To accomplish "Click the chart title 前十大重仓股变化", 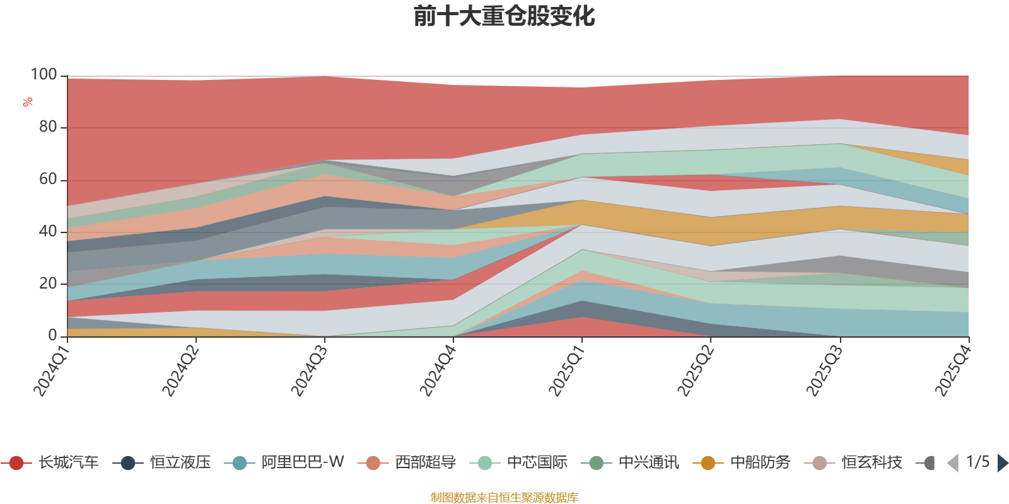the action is pyautogui.click(x=504, y=16).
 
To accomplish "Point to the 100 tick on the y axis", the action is pyautogui.click(x=44, y=74).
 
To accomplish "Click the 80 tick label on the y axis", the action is pyautogui.click(x=48, y=127).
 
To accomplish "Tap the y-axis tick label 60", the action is pyautogui.click(x=48, y=179).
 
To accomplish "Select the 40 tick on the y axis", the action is pyautogui.click(x=48, y=231).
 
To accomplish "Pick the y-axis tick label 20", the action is pyautogui.click(x=48, y=283).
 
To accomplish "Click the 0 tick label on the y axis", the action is pyautogui.click(x=53, y=335).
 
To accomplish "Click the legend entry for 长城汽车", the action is pyautogui.click(x=50, y=462).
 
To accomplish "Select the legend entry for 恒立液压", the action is pyautogui.click(x=161, y=462).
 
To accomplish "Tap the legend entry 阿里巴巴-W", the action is pyautogui.click(x=284, y=462).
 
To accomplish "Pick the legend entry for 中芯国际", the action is pyautogui.click(x=518, y=462).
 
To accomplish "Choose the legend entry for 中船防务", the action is pyautogui.click(x=742, y=462).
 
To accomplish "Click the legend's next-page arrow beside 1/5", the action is pyautogui.click(x=1002, y=462).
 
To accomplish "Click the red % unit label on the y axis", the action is pyautogui.click(x=28, y=102).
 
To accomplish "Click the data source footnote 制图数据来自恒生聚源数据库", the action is pyautogui.click(x=504, y=497).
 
